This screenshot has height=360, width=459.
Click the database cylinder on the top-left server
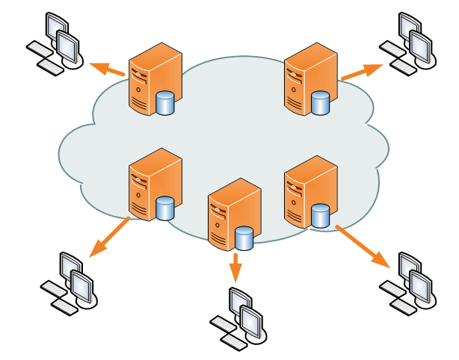165,102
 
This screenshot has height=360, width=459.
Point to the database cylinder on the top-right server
321,102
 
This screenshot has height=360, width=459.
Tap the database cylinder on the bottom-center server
244,239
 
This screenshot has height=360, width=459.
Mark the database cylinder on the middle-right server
321,216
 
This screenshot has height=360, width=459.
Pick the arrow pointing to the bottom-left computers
108,238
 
